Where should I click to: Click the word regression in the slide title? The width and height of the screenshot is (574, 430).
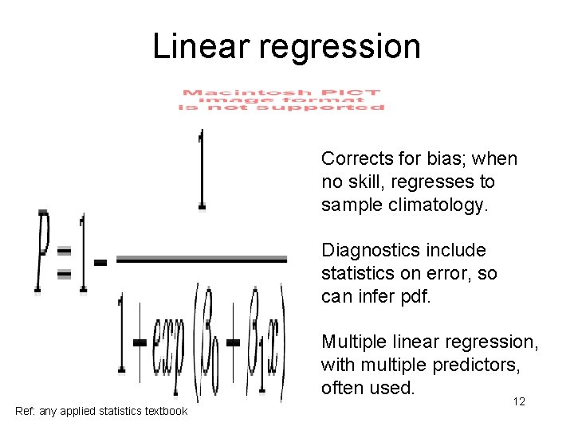(x=340, y=48)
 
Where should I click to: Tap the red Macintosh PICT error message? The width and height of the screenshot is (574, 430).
(x=282, y=100)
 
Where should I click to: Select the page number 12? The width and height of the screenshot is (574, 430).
(x=518, y=402)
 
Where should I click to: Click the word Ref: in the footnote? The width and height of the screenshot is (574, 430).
(x=26, y=411)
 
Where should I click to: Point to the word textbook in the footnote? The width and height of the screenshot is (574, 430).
(x=164, y=411)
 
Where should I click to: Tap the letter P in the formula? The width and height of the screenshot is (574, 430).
(x=41, y=251)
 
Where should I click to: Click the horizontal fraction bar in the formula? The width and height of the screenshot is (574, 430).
(x=202, y=259)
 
